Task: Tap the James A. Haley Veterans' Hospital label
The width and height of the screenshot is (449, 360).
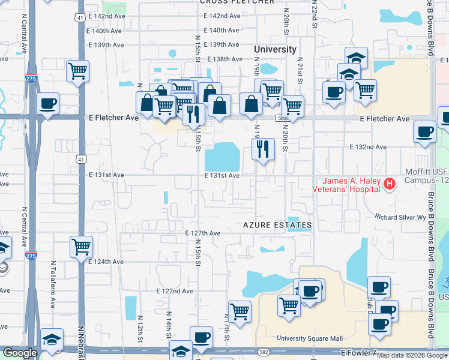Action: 352,185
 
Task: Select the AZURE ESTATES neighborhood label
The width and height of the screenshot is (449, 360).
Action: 277,225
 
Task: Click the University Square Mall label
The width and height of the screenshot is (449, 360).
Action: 309,338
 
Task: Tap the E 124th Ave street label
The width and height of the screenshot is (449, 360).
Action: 106,262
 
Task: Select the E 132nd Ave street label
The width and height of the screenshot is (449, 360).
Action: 369,147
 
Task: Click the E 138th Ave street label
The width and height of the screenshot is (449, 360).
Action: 224,59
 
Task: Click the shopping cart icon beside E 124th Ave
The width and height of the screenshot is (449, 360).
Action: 81,246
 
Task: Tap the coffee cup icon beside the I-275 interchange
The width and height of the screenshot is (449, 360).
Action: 47,103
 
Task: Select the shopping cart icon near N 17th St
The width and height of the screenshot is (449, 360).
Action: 240,311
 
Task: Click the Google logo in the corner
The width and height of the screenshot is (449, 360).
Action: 19,353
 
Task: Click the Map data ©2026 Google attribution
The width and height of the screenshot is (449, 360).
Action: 411,355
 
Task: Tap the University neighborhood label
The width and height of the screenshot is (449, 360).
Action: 275,49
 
